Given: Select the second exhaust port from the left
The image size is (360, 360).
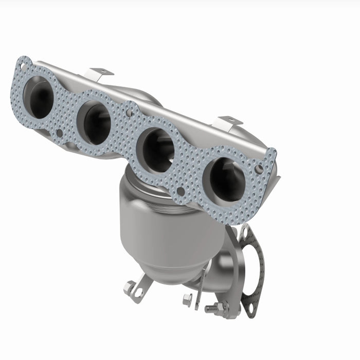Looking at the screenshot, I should [95, 122].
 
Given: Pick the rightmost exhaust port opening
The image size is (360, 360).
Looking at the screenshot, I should [227, 179].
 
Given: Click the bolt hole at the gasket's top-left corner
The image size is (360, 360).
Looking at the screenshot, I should [22, 66].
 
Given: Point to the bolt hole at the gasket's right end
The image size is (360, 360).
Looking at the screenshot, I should [259, 169].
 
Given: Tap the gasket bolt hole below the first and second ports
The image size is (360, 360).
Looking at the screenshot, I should [60, 133].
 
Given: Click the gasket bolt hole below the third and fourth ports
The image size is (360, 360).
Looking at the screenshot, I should [181, 192].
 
